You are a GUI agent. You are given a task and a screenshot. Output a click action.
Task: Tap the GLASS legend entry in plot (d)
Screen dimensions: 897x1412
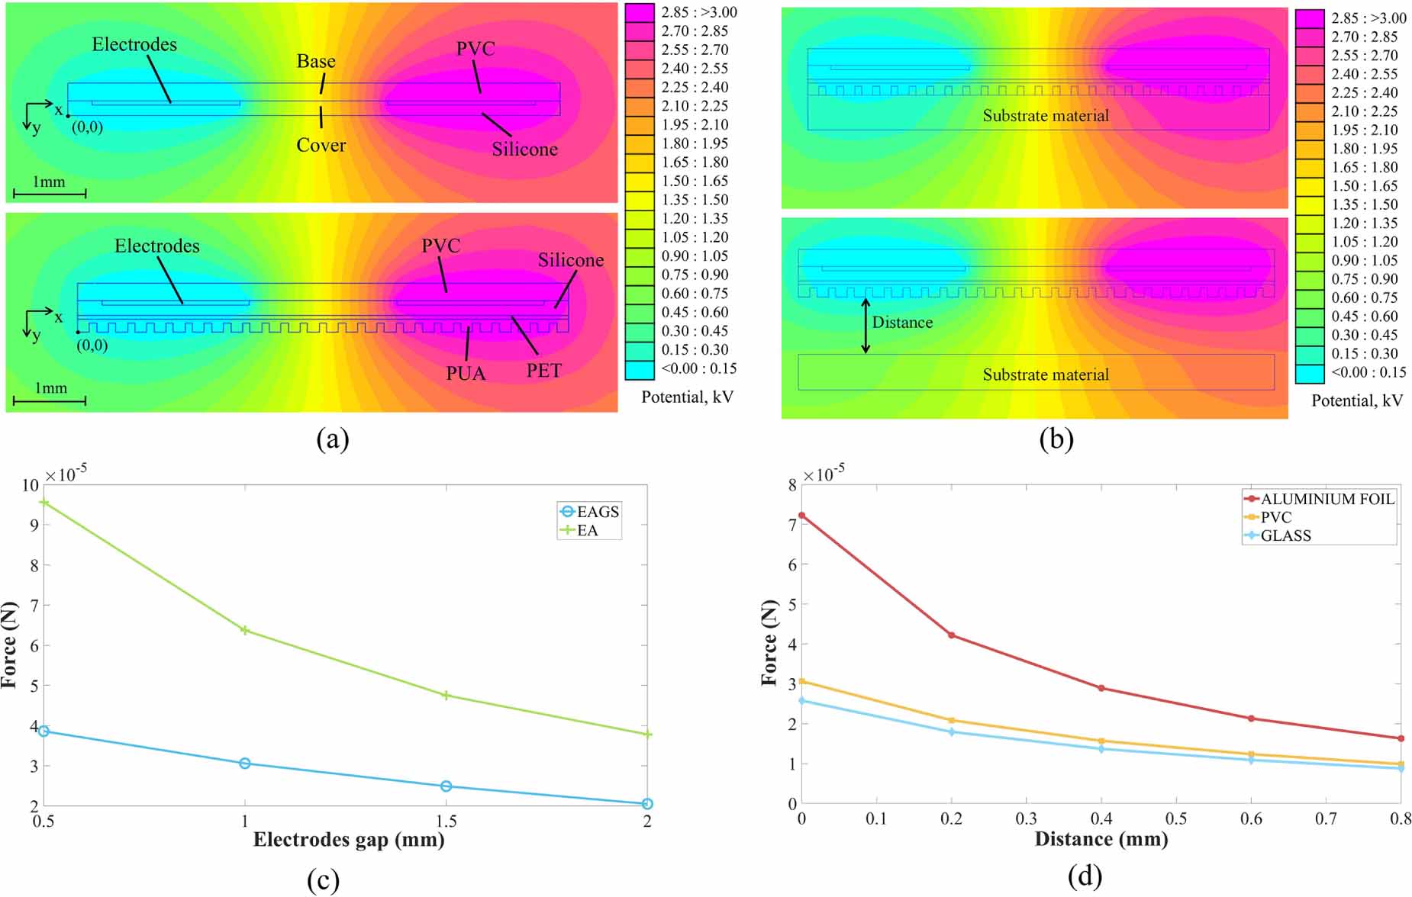pyautogui.click(x=1285, y=535)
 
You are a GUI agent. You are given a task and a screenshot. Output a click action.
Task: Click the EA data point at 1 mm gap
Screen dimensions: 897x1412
pyautogui.click(x=245, y=630)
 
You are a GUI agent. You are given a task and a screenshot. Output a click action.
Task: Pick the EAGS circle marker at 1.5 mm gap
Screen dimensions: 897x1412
pyautogui.click(x=446, y=786)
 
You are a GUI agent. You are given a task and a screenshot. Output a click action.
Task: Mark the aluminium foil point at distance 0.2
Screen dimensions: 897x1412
pyautogui.click(x=951, y=635)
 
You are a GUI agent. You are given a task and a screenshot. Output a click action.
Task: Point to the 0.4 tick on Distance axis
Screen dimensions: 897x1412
pyautogui.click(x=1101, y=819)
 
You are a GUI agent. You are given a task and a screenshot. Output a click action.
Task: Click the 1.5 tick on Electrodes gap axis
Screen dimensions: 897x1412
pyautogui.click(x=446, y=821)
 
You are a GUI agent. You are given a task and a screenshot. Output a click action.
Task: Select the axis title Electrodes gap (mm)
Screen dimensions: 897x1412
pyautogui.click(x=349, y=840)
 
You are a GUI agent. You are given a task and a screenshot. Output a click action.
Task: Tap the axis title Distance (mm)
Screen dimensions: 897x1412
pyautogui.click(x=1101, y=840)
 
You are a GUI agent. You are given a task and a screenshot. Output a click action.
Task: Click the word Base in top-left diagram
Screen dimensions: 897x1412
pyautogui.click(x=316, y=61)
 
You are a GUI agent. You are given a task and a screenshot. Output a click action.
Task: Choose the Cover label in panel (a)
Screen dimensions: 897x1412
pyautogui.click(x=321, y=145)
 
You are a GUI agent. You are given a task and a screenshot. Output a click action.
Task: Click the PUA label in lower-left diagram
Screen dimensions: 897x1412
pyautogui.click(x=466, y=373)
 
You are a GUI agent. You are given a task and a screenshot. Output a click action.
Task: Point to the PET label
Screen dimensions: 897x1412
pyautogui.click(x=543, y=371)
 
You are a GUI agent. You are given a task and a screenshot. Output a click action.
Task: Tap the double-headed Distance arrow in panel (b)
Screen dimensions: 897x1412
pyautogui.click(x=866, y=326)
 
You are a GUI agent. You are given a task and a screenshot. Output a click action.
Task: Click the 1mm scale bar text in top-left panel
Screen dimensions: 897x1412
pyautogui.click(x=48, y=182)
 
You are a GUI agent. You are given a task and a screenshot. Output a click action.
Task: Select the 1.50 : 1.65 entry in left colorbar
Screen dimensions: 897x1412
pyautogui.click(x=694, y=181)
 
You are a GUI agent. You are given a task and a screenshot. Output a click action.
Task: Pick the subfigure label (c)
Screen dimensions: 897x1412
pyautogui.click(x=323, y=880)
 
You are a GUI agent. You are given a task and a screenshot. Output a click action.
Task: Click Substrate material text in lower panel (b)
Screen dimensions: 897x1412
pyautogui.click(x=1045, y=375)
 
